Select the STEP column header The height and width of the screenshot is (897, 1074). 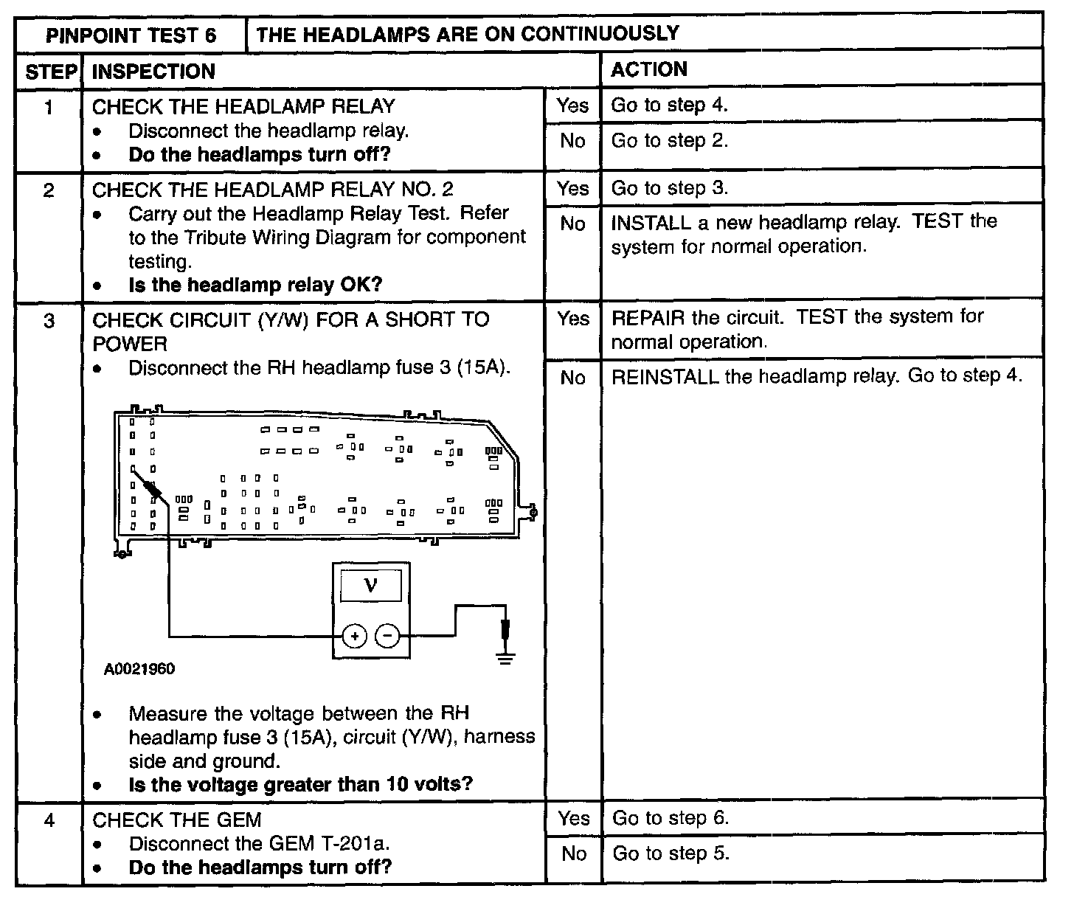[x=50, y=72]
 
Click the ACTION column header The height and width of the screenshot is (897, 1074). [x=649, y=69]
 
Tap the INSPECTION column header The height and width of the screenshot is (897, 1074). [x=153, y=72]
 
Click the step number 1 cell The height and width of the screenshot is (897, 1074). [x=49, y=108]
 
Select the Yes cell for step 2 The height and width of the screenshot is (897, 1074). [x=573, y=189]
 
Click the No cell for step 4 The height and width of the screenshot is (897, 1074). [x=573, y=854]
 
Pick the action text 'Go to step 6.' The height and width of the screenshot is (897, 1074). [x=671, y=818]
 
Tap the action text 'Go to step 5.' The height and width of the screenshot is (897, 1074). [x=671, y=854]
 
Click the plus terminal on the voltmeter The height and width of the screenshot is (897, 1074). [x=355, y=636]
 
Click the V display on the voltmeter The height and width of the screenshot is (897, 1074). [x=370, y=586]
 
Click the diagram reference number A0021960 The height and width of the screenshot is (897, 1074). [x=139, y=670]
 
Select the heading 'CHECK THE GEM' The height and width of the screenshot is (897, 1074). [x=176, y=820]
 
